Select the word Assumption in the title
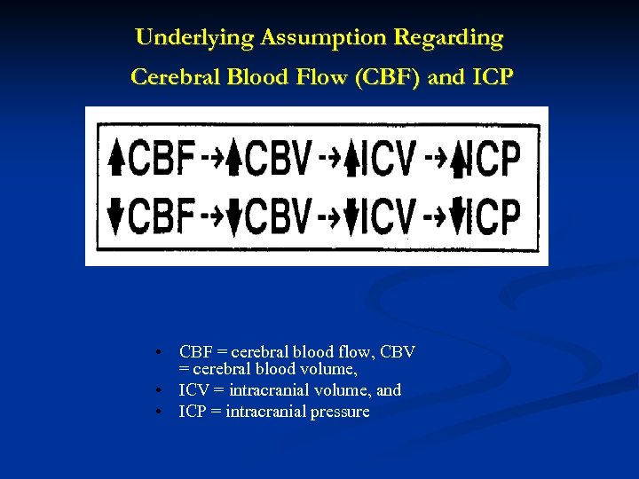296,39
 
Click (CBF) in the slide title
384,77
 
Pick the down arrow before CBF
116,216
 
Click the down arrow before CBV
234,216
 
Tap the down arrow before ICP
459,216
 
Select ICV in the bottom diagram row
389,216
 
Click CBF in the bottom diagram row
162,216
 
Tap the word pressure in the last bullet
339,412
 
